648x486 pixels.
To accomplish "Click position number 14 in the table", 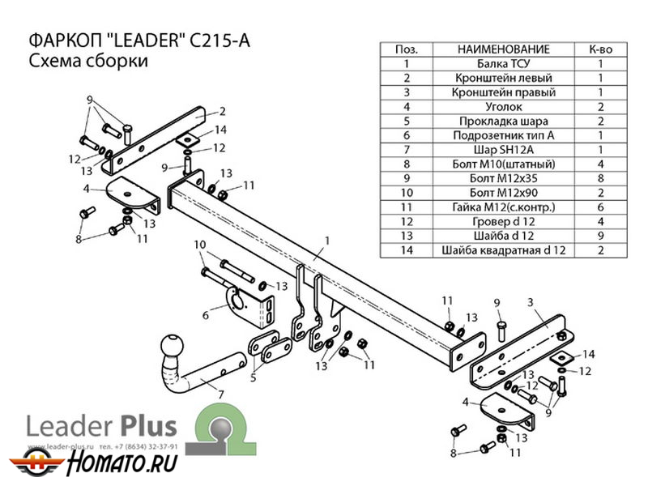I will coord(406,251).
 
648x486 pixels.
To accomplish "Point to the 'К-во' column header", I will coord(600,49).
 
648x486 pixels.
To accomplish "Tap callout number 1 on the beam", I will coord(327,240).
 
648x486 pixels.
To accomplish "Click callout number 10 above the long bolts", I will coord(200,245).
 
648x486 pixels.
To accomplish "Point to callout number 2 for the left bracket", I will coord(221,112).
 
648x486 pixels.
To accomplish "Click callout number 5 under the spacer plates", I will coord(253,377).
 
